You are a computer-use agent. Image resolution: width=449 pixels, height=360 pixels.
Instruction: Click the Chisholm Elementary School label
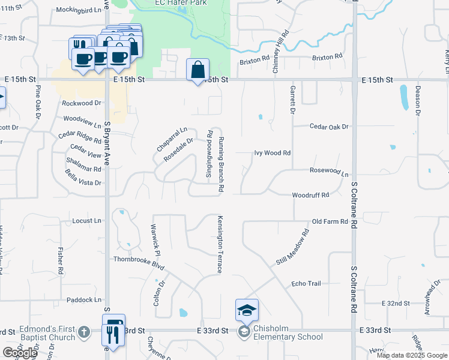(x=289, y=337)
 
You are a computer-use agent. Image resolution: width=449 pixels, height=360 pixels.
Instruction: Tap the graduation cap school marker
(x=247, y=310)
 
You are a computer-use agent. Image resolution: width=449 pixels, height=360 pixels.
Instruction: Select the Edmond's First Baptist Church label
(x=47, y=333)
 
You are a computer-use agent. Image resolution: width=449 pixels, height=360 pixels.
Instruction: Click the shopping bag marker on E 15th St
(x=197, y=70)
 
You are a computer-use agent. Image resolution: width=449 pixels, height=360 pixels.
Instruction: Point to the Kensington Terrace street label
(x=220, y=245)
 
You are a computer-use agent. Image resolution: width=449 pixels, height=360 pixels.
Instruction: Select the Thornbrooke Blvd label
(x=139, y=260)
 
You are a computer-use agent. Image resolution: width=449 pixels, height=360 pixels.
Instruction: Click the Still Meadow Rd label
(x=292, y=247)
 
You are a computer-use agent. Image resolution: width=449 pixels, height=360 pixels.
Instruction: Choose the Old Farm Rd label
(x=330, y=221)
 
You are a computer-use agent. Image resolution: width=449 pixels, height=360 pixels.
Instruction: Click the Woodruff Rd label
(x=310, y=195)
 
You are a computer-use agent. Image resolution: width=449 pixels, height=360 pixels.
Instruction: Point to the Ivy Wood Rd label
(x=272, y=153)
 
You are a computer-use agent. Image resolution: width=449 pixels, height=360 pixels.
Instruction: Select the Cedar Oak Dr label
(x=329, y=127)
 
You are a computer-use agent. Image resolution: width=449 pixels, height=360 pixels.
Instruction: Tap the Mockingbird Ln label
(x=76, y=10)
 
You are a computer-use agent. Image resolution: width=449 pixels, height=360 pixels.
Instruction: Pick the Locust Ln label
(x=86, y=221)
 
